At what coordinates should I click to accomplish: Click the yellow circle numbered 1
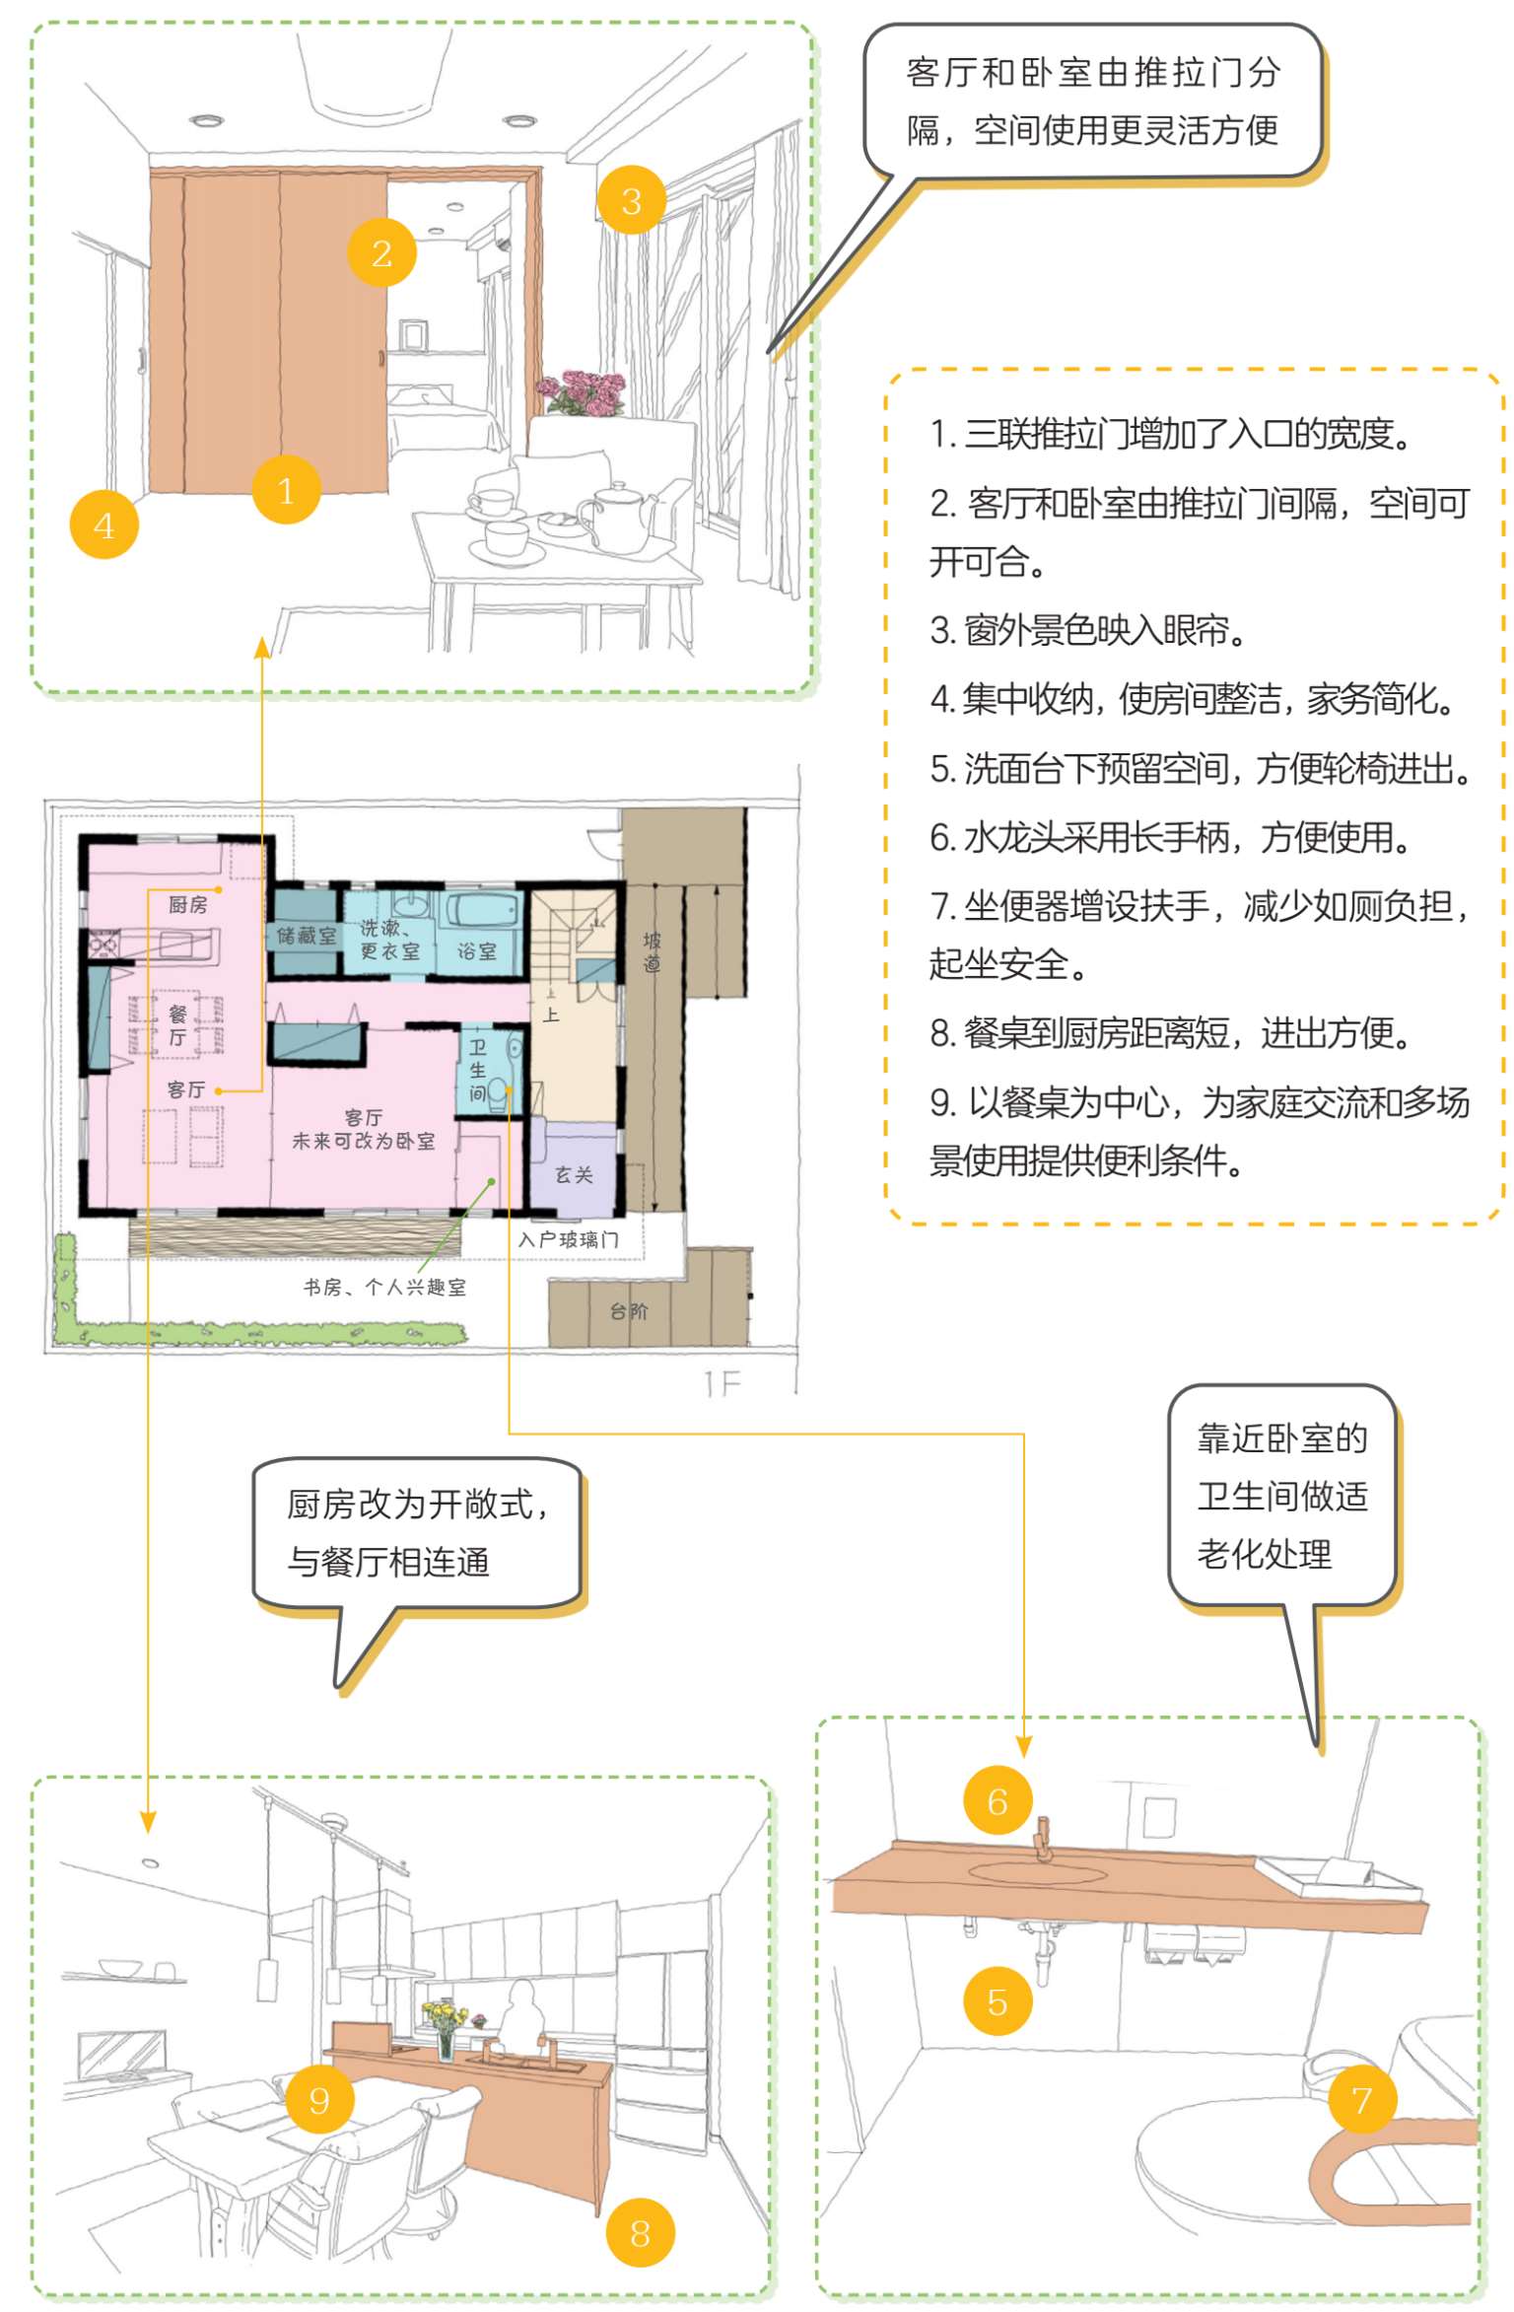tap(286, 490)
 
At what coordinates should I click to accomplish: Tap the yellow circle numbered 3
tap(631, 200)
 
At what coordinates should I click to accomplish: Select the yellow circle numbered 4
tap(103, 525)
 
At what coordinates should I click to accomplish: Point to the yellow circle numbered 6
tap(997, 1800)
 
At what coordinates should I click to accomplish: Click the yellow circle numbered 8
tap(640, 2232)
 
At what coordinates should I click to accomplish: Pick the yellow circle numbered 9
tap(319, 2099)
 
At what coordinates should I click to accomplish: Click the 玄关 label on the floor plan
tap(574, 1174)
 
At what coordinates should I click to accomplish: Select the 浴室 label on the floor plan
tap(477, 951)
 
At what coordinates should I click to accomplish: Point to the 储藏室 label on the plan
tap(307, 935)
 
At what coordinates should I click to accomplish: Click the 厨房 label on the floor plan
tap(187, 904)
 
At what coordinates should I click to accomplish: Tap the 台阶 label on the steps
tap(629, 1310)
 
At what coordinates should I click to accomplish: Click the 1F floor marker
tap(723, 1384)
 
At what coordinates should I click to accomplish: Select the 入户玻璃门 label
tap(569, 1239)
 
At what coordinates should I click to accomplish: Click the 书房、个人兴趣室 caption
tap(384, 1287)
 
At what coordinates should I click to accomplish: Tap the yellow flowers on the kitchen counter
tap(443, 2016)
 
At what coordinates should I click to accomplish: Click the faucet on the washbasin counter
tap(1043, 1840)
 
